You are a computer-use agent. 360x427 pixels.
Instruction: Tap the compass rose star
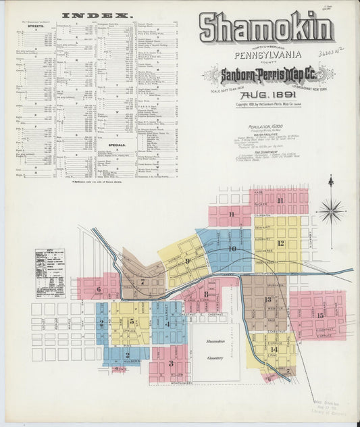click(331, 211)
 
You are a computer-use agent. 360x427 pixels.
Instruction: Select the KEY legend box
click(49, 273)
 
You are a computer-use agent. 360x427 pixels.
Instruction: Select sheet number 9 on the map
click(187, 261)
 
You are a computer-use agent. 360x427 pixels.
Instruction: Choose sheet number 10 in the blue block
click(232, 249)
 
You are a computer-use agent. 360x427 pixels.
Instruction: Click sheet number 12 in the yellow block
click(280, 243)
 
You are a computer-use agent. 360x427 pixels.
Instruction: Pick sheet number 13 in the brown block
click(267, 299)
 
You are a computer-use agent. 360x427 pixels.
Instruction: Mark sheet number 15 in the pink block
click(319, 315)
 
